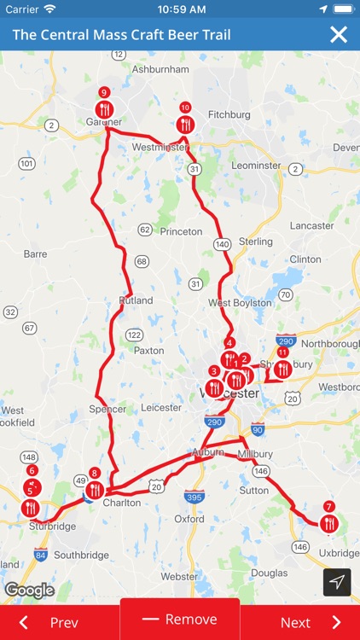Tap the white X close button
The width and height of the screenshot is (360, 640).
point(339,34)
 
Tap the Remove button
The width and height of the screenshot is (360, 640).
point(180,620)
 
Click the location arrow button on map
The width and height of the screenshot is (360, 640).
point(337,582)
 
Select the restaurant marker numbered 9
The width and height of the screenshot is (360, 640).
point(104,109)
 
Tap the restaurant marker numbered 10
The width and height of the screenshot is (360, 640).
point(185,125)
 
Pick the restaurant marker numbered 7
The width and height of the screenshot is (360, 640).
point(329,524)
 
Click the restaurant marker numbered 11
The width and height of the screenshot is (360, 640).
point(282,369)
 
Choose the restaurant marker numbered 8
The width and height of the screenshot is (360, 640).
point(95,490)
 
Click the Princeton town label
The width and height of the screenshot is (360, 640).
point(181,231)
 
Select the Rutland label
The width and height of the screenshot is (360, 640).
point(136,300)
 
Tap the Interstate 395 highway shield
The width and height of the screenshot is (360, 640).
point(193,496)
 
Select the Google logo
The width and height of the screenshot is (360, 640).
point(29,590)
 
